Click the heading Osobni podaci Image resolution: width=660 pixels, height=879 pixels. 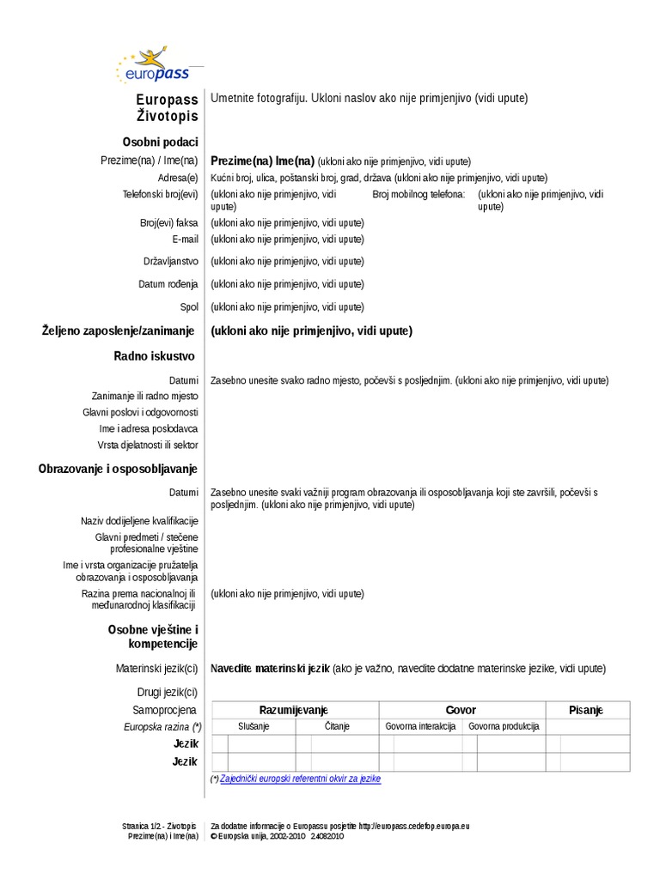coord(161,142)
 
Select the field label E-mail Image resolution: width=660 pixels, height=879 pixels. coord(185,239)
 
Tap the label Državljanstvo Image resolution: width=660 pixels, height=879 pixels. coord(171,262)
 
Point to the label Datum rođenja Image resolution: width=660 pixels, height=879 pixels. coord(168,284)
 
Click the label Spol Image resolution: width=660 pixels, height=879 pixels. coord(189,306)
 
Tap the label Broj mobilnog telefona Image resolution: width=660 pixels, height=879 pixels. coord(419,195)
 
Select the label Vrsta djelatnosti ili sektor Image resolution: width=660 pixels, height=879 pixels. coord(148,446)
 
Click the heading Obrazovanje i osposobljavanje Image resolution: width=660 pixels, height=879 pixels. coord(118,469)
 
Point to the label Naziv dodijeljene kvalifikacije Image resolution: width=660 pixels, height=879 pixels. coord(139,521)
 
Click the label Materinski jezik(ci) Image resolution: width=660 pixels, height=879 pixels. coord(157,668)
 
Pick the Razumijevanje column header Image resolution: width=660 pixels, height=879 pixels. coord(294,710)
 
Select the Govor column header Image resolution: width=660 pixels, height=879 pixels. coord(461,710)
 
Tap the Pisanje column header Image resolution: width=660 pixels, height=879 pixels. coord(586,710)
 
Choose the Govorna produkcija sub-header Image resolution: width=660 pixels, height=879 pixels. coord(503,726)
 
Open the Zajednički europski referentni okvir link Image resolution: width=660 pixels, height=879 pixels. coord(300,779)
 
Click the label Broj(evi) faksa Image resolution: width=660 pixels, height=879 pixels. coord(169,222)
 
